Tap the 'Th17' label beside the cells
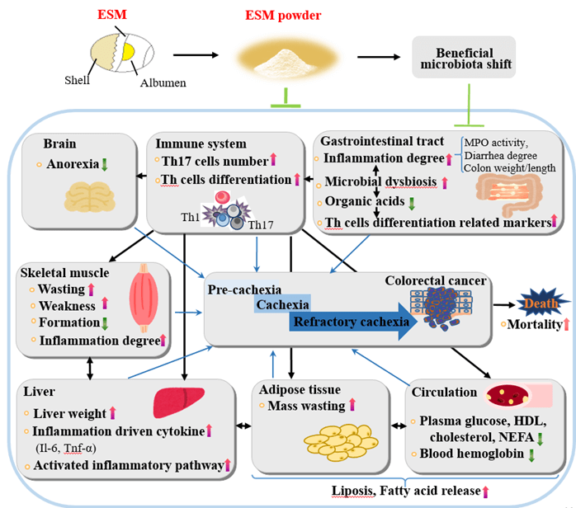pos(260,224)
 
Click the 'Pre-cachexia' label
pos(244,289)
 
